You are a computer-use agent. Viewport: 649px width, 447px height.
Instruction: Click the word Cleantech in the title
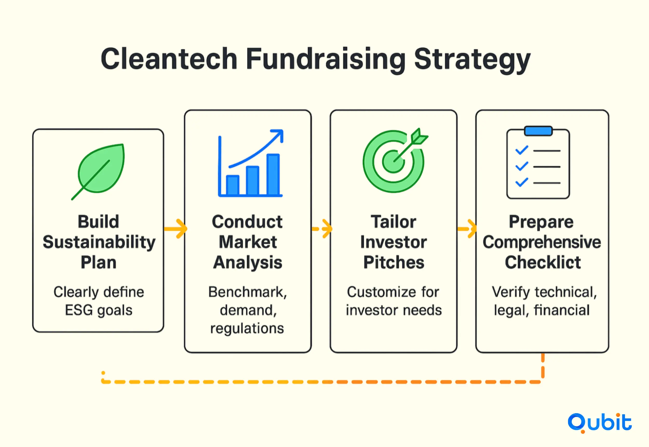pyautogui.click(x=169, y=59)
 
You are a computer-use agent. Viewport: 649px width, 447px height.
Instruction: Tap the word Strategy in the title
pyautogui.click(x=472, y=61)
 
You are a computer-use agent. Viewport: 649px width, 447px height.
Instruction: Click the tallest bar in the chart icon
pyautogui.click(x=273, y=174)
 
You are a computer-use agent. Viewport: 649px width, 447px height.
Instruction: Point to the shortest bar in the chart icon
pyautogui.click(x=232, y=185)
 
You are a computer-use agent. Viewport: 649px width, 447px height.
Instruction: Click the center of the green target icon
pyautogui.click(x=394, y=162)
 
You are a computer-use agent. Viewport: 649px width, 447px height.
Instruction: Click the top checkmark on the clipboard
pyautogui.click(x=522, y=150)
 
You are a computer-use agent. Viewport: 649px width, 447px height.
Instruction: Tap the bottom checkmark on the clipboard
pyautogui.click(x=522, y=182)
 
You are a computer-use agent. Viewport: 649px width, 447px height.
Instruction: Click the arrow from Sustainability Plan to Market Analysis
pyautogui.click(x=175, y=229)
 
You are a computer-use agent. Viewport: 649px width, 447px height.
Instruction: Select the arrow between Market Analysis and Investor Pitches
pyautogui.click(x=322, y=229)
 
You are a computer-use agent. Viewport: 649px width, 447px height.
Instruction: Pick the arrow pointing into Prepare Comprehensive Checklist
pyautogui.click(x=467, y=229)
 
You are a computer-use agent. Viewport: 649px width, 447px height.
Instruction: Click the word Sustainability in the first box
pyautogui.click(x=99, y=243)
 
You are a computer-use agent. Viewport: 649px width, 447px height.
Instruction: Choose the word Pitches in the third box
pyautogui.click(x=394, y=262)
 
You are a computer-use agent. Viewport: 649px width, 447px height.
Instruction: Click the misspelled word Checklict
pyautogui.click(x=543, y=262)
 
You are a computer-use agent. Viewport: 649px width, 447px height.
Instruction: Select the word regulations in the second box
pyautogui.click(x=247, y=328)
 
